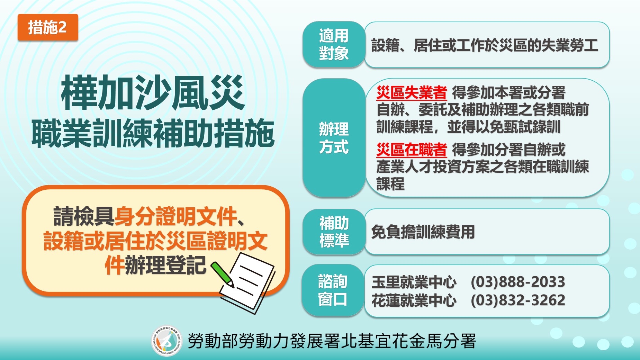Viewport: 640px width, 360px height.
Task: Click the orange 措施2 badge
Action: tap(48, 27)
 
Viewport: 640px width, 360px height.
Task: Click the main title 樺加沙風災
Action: tap(153, 93)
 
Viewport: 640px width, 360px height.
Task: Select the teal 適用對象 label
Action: tap(334, 45)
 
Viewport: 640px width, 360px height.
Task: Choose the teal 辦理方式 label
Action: tap(334, 138)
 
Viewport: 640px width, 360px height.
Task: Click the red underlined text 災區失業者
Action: tap(412, 93)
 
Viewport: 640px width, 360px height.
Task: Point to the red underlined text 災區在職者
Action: tap(412, 150)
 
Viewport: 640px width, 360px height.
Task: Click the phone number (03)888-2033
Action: tap(518, 282)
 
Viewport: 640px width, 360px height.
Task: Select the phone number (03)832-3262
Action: tap(518, 300)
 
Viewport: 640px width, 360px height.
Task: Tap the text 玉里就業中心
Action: tap(414, 282)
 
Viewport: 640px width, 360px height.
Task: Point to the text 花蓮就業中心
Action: tap(414, 300)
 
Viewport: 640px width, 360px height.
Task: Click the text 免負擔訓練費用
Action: tap(423, 232)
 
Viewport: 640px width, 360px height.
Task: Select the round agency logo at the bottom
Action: tap(166, 341)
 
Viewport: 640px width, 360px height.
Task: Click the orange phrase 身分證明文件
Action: tap(176, 216)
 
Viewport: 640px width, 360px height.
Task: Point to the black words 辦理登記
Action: tap(166, 265)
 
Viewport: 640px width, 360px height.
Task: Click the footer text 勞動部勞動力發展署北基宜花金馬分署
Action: tap(332, 341)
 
